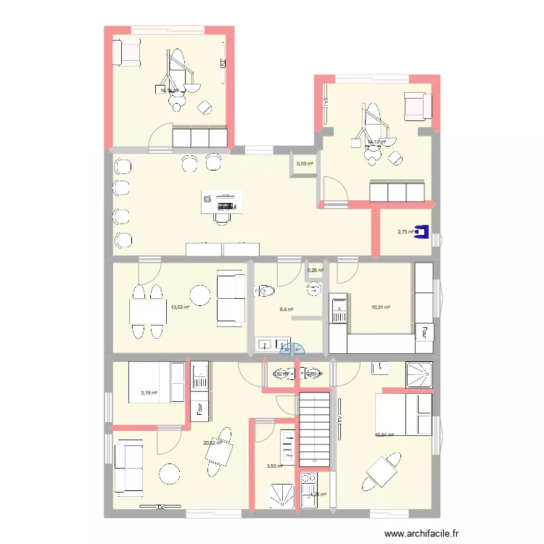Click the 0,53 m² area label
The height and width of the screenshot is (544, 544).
[x=305, y=164]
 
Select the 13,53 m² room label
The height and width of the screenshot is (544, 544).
[x=180, y=307]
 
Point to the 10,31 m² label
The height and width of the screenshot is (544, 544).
[x=381, y=308]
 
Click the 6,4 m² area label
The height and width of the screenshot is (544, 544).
[x=287, y=309]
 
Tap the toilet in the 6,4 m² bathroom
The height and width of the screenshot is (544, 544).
[x=265, y=291]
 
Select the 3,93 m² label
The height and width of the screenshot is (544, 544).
[x=274, y=466]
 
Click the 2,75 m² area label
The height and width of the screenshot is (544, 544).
[x=405, y=232]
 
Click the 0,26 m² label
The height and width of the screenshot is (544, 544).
[x=316, y=271]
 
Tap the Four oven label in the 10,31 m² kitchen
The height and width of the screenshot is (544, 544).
[x=421, y=334]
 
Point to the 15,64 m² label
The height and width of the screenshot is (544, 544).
[x=384, y=435]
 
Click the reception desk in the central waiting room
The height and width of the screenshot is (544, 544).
[x=219, y=202]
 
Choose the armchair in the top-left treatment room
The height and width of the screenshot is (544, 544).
[x=128, y=51]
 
